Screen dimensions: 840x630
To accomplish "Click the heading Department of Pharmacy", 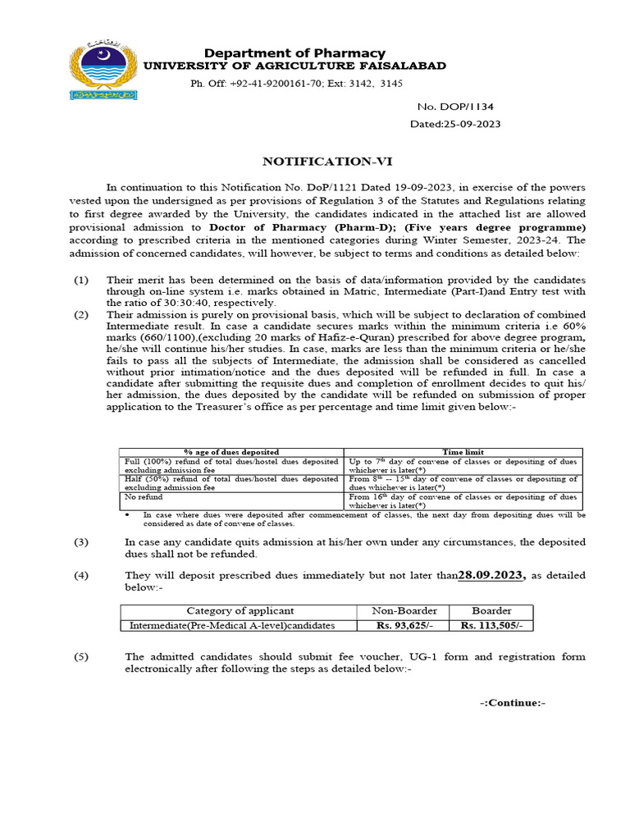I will [294, 53].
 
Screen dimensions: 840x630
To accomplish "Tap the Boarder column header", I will [492, 610].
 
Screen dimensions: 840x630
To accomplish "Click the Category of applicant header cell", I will [240, 610].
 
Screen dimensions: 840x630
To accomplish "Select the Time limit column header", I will [463, 452].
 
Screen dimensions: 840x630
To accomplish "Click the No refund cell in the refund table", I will [144, 496].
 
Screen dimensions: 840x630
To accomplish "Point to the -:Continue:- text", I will [512, 703].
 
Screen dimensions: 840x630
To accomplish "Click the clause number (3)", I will [81, 542].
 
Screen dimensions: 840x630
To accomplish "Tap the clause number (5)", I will [81, 658].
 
